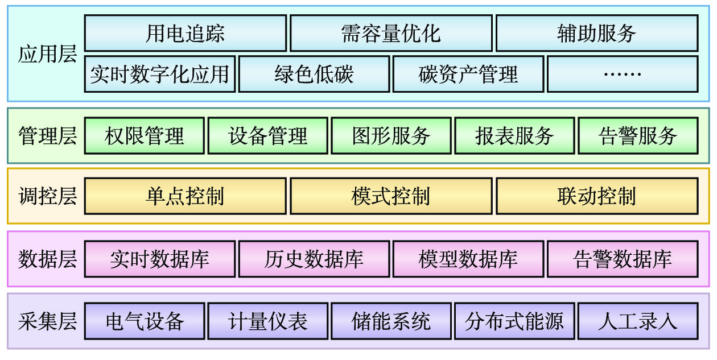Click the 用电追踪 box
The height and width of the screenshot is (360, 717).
pos(185,34)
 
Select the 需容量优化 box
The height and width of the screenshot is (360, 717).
pos(391,34)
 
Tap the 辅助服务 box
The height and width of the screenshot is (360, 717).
pos(596,34)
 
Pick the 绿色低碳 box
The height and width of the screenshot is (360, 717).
pos(314,74)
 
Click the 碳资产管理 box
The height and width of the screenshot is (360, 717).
pos(468,74)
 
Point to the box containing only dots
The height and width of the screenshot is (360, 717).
pos(622,74)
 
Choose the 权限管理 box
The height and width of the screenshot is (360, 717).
pos(145,136)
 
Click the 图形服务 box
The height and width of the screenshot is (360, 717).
pos(391,136)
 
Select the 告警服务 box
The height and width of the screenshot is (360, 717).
pos(637,136)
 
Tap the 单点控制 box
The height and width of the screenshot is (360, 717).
pos(185,196)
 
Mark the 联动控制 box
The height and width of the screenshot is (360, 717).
pos(596,196)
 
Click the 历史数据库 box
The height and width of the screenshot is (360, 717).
pos(314,259)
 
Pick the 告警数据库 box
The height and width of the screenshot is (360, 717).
pos(622,259)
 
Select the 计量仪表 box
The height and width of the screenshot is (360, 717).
pos(267,321)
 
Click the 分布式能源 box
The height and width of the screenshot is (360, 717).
pos(514,321)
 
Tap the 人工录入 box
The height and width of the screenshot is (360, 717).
pos(637,321)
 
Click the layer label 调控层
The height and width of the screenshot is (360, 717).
pos(47,196)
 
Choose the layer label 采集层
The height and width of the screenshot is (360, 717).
pos(47,321)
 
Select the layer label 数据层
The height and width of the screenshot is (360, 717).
pos(47,259)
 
